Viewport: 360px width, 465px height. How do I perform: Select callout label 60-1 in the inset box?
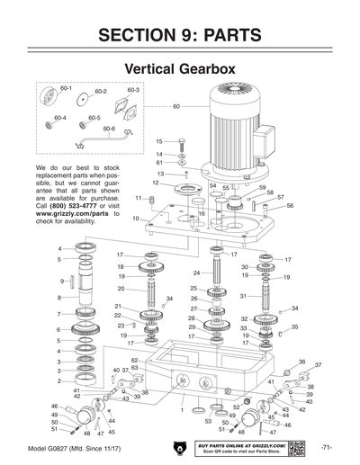click(x=66, y=87)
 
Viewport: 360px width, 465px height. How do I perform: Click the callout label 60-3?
click(x=132, y=90)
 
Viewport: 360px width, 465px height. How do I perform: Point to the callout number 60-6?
click(x=109, y=129)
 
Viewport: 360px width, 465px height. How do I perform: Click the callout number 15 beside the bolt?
click(x=158, y=141)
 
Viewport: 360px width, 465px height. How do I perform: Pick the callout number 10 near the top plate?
click(x=135, y=219)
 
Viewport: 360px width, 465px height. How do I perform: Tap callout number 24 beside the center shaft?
click(x=196, y=273)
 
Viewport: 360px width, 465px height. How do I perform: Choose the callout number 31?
click(x=242, y=296)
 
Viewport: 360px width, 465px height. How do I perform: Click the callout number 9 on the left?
click(x=61, y=282)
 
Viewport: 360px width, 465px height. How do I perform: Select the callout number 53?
click(x=208, y=421)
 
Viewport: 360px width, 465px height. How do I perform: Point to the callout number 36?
click(x=301, y=362)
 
